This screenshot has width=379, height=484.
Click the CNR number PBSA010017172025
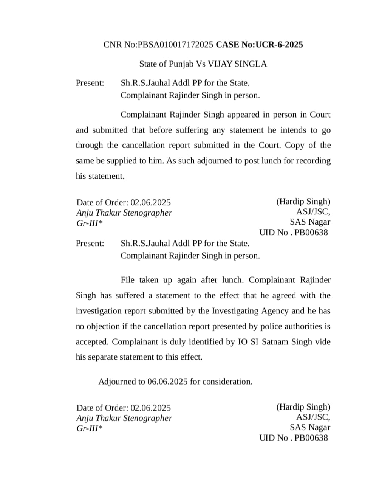tap(176, 45)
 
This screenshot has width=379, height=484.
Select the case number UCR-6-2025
tap(279, 45)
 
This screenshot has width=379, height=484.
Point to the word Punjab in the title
tap(180, 64)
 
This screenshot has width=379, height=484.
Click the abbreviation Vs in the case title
tap(201, 64)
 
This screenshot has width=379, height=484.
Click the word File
tap(128, 280)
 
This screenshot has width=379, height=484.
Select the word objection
tap(104, 326)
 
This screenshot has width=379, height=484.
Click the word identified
tap(206, 342)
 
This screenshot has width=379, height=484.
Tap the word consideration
tap(227, 382)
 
